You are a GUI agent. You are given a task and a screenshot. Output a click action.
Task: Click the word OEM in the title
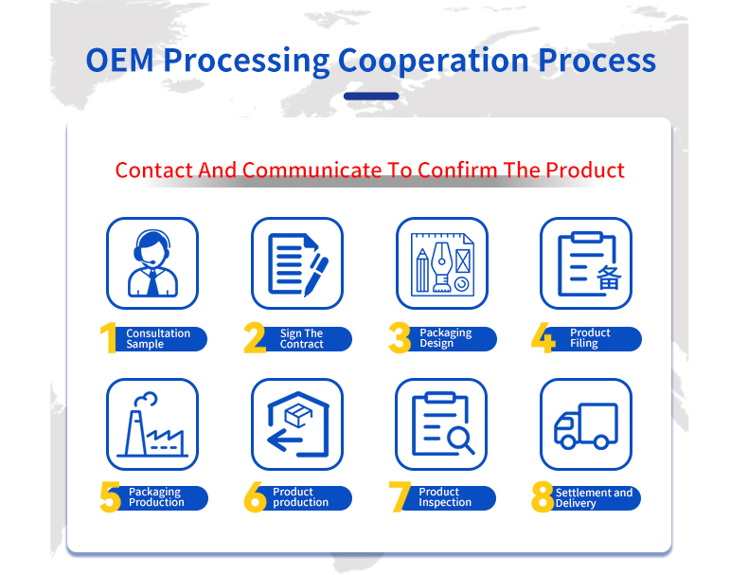(119, 61)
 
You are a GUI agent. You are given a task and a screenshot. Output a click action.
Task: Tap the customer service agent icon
(152, 263)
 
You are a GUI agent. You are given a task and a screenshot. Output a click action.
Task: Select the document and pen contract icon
(297, 264)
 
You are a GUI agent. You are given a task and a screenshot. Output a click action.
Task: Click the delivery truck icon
(586, 425)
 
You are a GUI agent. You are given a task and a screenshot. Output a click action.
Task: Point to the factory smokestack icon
(152, 424)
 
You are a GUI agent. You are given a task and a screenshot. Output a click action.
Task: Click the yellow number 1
(109, 338)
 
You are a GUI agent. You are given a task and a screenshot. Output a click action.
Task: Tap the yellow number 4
(543, 338)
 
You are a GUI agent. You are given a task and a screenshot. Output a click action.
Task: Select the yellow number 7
(400, 496)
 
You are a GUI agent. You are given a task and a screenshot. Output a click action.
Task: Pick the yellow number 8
(543, 496)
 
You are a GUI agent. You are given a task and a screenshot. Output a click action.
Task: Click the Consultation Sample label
(158, 338)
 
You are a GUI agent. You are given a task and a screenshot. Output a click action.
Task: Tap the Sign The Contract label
(301, 338)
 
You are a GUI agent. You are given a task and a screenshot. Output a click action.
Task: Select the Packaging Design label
(446, 338)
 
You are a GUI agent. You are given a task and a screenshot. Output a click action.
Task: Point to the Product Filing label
(590, 338)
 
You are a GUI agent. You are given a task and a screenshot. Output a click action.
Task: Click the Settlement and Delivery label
(594, 497)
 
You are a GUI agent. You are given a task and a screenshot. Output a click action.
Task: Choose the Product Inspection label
(445, 496)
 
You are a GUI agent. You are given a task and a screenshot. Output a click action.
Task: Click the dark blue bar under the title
(371, 96)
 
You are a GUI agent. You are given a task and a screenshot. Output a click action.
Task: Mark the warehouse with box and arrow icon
(297, 424)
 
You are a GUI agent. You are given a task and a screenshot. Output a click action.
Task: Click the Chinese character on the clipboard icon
(609, 278)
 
